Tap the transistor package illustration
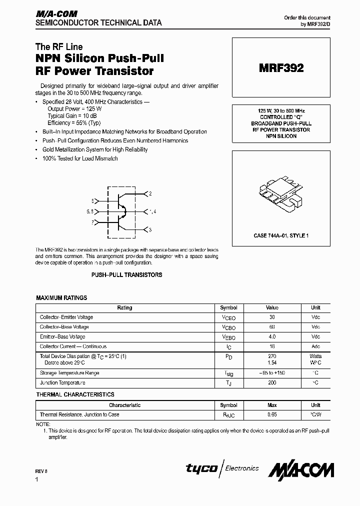(x=280, y=194)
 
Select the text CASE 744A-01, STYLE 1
(x=281, y=235)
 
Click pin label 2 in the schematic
(x=150, y=193)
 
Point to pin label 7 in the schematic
(x=92, y=221)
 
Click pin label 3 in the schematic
(x=150, y=229)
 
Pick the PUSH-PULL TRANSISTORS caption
(x=126, y=275)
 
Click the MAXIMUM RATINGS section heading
(x=61, y=298)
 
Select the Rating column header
(x=124, y=308)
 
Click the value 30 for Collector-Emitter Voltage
(x=272, y=317)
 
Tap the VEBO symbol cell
(x=228, y=337)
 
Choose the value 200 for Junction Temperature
(x=272, y=383)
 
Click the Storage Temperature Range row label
(x=69, y=373)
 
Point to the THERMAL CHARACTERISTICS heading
(x=75, y=395)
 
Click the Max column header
(x=272, y=405)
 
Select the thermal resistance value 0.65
(x=272, y=415)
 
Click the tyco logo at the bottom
(x=201, y=468)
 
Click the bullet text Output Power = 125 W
(x=74, y=108)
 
